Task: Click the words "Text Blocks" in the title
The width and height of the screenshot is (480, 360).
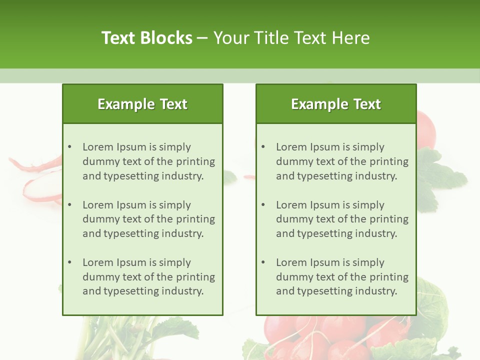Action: pyautogui.click(x=147, y=38)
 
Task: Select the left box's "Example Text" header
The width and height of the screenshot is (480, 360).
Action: pyautogui.click(x=142, y=104)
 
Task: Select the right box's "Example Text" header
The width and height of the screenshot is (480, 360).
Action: pyautogui.click(x=336, y=104)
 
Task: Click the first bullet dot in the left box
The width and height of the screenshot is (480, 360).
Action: pyautogui.click(x=69, y=147)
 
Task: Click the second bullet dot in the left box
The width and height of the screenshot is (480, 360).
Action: pyautogui.click(x=69, y=205)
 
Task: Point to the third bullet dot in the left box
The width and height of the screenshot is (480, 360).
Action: pyautogui.click(x=69, y=262)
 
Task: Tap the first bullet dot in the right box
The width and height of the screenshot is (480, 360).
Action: pyautogui.click(x=263, y=147)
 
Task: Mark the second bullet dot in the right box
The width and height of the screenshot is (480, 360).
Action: pyautogui.click(x=263, y=205)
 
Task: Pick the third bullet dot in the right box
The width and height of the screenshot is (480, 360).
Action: pyautogui.click(x=263, y=262)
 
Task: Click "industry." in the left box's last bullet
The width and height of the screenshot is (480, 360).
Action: pyautogui.click(x=183, y=291)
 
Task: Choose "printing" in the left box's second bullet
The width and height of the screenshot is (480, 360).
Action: pyautogui.click(x=195, y=219)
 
